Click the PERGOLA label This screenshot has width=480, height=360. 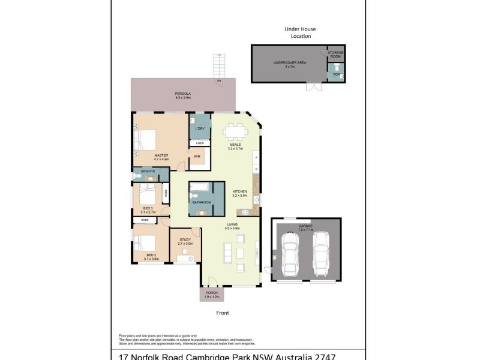point(183,94)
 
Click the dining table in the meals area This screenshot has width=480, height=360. point(235,131)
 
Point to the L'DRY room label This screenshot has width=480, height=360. point(200,129)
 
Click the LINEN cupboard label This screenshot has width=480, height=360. point(200,143)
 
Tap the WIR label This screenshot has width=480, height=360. point(197,157)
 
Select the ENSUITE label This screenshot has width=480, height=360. point(148,172)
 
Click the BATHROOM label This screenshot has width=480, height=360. point(201,202)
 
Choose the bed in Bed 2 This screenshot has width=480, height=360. point(146,245)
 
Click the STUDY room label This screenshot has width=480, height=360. point(185,240)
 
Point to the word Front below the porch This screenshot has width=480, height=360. point(223,313)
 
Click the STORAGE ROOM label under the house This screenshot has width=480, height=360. point(335,55)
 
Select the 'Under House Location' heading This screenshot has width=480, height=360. point(300,32)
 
